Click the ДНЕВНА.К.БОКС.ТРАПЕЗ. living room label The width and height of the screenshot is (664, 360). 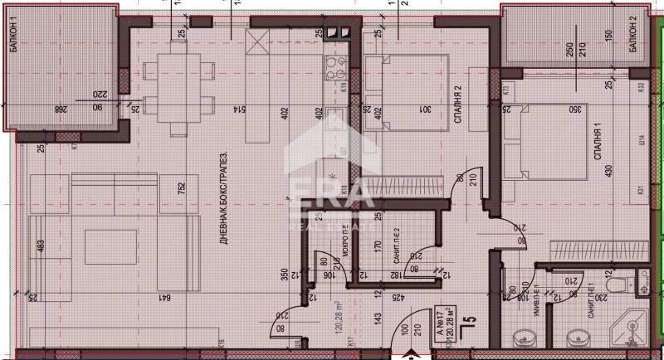pyautogui.click(x=223, y=194)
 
